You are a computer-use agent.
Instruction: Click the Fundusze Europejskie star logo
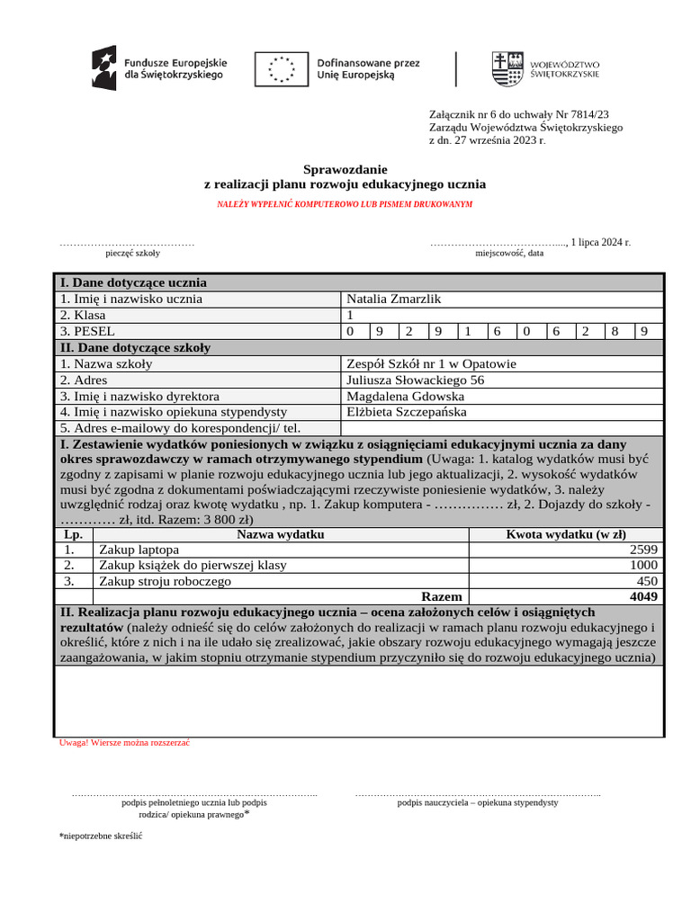point(103,68)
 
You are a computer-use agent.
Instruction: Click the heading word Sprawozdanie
point(345,169)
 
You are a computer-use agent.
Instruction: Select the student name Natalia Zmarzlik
point(394,299)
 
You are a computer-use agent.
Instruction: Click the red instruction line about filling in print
point(345,204)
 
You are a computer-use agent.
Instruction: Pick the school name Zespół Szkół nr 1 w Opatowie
point(431,364)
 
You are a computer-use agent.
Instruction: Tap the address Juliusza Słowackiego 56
point(415,380)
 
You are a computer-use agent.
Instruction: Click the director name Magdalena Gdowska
point(405,397)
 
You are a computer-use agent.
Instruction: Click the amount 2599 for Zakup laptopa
point(643,550)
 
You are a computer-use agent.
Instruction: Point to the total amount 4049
point(643,596)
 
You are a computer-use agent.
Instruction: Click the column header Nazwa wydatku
point(280,534)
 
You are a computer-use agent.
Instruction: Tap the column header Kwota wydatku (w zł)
point(566,534)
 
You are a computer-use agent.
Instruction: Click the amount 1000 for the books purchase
point(643,565)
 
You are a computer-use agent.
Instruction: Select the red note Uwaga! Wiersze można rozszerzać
point(124,743)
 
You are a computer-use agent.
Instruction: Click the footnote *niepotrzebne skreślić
point(101,836)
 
